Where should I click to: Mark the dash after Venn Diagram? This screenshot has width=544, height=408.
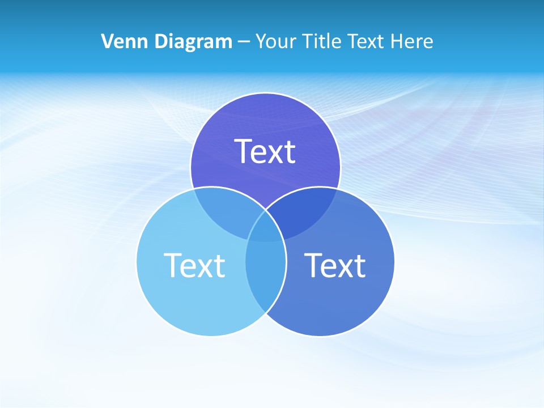(x=244, y=42)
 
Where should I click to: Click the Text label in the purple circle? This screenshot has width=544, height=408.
(x=265, y=151)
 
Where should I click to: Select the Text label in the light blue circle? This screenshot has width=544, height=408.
(x=194, y=265)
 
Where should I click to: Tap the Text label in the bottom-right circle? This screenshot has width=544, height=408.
(x=335, y=265)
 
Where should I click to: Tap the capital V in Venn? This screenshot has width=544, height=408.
(x=107, y=41)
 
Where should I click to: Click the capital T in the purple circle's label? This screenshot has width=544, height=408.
(x=244, y=151)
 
